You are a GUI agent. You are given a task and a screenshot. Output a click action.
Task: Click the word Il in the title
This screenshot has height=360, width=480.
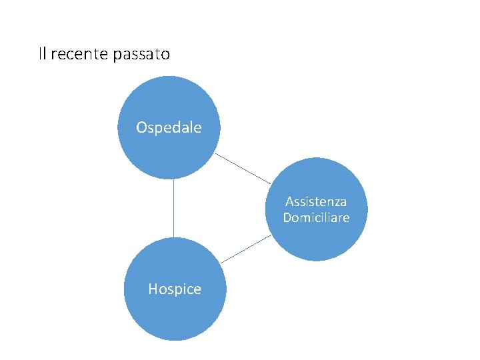pyautogui.click(x=42, y=54)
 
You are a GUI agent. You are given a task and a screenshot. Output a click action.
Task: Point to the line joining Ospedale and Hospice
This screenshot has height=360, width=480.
pyautogui.click(x=173, y=208)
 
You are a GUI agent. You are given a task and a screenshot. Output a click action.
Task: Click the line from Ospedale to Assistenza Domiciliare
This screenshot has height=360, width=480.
pyautogui.click(x=243, y=169)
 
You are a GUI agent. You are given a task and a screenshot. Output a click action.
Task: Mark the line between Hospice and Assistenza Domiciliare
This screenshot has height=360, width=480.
pyautogui.click(x=245, y=249)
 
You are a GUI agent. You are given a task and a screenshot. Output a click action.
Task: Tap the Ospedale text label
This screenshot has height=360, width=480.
pyautogui.click(x=169, y=127)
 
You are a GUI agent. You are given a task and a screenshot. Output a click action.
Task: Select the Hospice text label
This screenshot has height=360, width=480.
pyautogui.click(x=175, y=289)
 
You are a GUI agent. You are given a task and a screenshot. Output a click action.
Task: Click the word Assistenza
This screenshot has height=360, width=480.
pyautogui.click(x=316, y=201)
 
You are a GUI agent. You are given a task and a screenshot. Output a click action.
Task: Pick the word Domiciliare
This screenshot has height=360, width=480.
pyautogui.click(x=316, y=218)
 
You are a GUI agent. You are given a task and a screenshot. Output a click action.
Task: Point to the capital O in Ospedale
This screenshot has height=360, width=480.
pyautogui.click(x=141, y=127)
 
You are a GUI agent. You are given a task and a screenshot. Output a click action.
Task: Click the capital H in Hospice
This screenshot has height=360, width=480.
pyautogui.click(x=153, y=289)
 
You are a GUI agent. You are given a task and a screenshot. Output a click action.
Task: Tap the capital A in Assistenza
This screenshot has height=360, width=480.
pyautogui.click(x=289, y=201)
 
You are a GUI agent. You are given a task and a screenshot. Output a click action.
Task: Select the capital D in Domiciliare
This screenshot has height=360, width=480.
pyautogui.click(x=287, y=218)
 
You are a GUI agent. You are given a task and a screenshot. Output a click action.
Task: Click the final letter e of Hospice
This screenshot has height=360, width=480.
pyautogui.click(x=197, y=290)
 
